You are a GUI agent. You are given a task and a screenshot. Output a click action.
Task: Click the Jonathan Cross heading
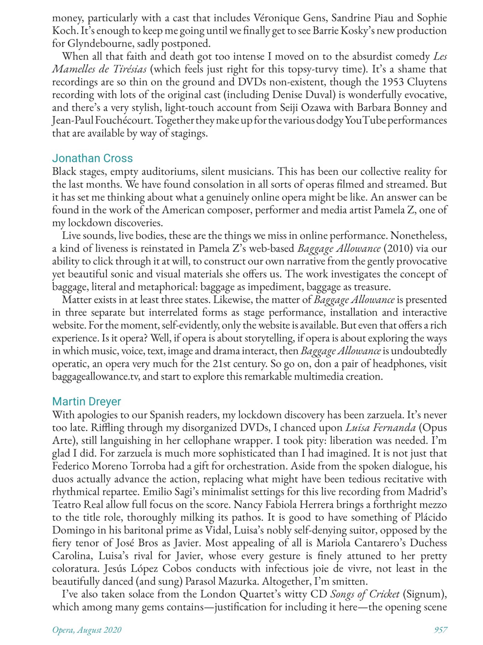(x=92, y=158)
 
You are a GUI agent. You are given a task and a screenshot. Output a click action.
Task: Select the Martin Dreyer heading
(x=87, y=402)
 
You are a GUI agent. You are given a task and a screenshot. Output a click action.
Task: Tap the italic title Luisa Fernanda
(x=380, y=428)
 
